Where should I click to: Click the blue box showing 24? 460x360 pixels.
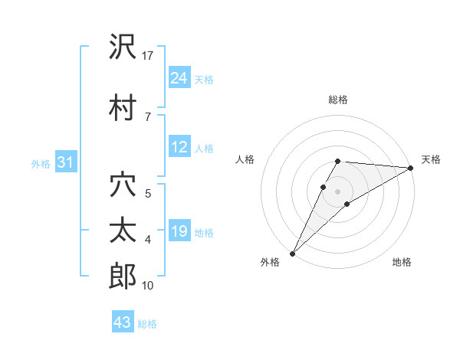coord(179,77)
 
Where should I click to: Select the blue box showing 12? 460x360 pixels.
coord(179,148)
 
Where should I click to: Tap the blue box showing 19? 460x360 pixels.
coord(179,232)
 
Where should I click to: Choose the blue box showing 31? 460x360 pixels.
coord(65,162)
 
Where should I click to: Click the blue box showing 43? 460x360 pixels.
coord(123,322)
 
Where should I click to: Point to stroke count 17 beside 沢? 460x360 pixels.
coord(148,55)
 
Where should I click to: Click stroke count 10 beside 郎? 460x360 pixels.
coord(148,286)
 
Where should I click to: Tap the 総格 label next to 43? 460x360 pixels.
coord(147,324)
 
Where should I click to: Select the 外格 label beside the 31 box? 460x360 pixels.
coord(41,163)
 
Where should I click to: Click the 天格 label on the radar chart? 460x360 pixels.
coord(431,159)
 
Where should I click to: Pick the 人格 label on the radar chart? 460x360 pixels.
coord(245,159)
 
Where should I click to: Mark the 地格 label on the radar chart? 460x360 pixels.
coord(402,263)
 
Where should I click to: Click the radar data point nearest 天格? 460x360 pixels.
coord(411,169)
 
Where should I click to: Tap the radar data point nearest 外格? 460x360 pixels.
coord(292,253)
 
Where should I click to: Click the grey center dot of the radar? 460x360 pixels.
coord(337,190)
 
